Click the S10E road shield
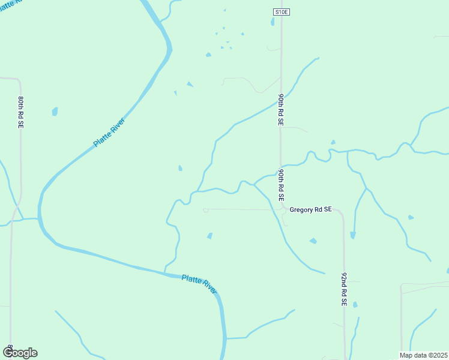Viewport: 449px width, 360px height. click(281, 12)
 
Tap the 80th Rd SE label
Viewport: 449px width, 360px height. click(21, 111)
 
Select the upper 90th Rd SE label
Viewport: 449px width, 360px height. click(280, 109)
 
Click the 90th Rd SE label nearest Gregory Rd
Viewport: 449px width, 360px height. click(280, 185)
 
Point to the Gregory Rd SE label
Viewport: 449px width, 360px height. click(310, 210)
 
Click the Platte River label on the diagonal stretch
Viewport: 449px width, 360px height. click(109, 133)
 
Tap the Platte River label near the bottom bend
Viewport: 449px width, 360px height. click(199, 283)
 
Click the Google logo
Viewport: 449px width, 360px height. click(20, 353)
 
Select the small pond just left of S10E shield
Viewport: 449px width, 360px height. click(273, 22)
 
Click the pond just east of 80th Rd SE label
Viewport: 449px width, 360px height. click(55, 112)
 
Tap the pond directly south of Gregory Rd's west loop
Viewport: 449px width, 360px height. click(209, 236)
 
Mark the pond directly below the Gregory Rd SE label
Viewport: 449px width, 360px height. click(313, 241)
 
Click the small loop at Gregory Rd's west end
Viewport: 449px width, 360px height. click(205, 210)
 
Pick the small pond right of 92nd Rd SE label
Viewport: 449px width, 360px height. click(355, 305)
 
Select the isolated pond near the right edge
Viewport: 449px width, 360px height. click(411, 217)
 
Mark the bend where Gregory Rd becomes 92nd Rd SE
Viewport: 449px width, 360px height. click(342, 213)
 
